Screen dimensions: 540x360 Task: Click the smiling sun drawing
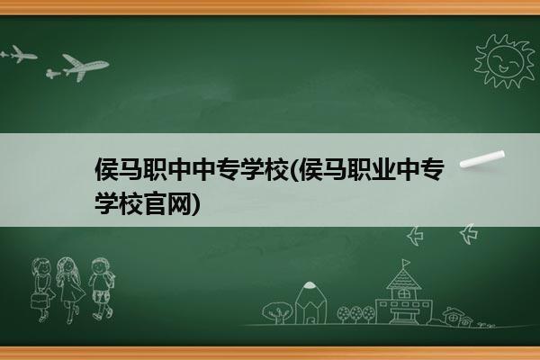click(505, 61)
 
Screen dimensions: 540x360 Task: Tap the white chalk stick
click(482, 159)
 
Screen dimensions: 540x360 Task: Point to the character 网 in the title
click(179, 204)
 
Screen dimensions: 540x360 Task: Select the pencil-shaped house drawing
click(311, 302)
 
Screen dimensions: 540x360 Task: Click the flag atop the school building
click(406, 263)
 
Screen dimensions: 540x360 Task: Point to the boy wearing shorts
click(101, 288)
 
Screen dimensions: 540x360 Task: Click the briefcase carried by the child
click(40, 301)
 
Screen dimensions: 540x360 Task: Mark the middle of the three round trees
click(355, 313)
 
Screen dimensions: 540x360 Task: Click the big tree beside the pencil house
click(277, 312)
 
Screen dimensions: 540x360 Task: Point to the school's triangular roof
click(403, 279)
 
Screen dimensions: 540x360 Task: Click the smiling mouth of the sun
click(503, 68)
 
